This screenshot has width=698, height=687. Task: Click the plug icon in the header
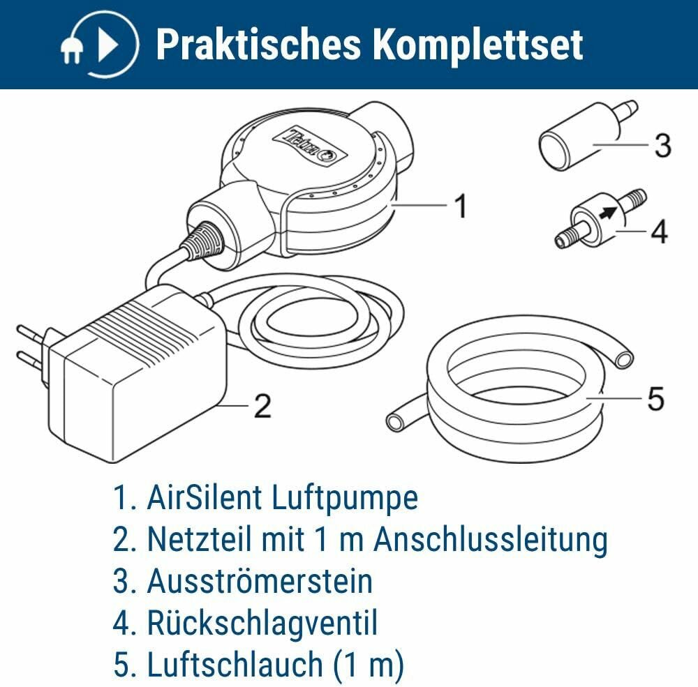pos(72,50)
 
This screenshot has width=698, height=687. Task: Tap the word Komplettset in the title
pos(477,44)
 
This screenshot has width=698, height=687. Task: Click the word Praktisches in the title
pos(258,44)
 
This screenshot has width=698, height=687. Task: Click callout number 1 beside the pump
pos(461,206)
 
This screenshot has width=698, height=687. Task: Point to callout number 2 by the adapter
pos(262,405)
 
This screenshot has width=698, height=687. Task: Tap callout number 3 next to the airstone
pos(663,145)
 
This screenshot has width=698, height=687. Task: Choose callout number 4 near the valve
pos(660,232)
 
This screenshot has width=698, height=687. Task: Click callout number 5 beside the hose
pos(655,398)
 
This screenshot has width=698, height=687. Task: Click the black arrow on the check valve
pos(609,211)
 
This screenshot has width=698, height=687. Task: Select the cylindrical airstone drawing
pos(588,136)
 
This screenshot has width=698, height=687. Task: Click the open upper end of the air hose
pos(624,358)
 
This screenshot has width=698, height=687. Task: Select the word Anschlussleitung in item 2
pos(490,539)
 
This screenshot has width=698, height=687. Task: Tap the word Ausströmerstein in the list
pos(260,581)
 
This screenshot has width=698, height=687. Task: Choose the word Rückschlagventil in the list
pos(262,622)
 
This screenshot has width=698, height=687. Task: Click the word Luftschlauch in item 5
pos(235,664)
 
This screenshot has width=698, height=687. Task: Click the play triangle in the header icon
pos(107,45)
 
